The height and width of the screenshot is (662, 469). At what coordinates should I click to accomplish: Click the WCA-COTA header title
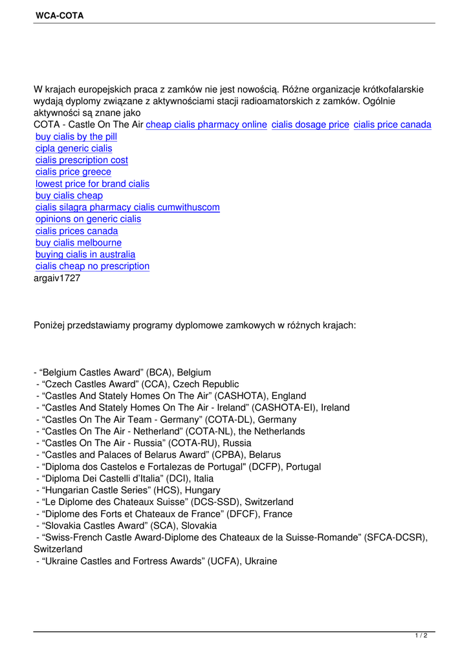coord(60,16)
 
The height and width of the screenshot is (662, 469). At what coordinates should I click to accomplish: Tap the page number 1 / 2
coord(421,636)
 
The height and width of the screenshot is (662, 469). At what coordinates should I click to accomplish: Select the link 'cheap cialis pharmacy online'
coord(206,125)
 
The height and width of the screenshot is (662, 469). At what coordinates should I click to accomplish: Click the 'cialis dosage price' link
coord(311,125)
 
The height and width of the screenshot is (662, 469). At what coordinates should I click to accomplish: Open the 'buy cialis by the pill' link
coord(76,136)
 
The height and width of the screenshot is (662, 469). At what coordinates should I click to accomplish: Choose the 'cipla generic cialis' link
coord(74,149)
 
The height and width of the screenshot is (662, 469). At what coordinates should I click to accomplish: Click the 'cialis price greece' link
coord(73,172)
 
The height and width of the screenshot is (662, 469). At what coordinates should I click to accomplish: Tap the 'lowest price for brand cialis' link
coord(93,184)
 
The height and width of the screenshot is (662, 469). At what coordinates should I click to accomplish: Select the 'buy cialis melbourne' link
coord(78,242)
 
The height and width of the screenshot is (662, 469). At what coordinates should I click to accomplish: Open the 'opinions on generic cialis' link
coord(88,219)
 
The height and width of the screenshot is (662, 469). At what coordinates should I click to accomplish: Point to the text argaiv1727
coord(57,278)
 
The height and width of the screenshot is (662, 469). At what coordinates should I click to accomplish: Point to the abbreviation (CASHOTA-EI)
coord(283,408)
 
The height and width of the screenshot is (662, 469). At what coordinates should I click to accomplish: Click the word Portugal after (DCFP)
coord(303,467)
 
